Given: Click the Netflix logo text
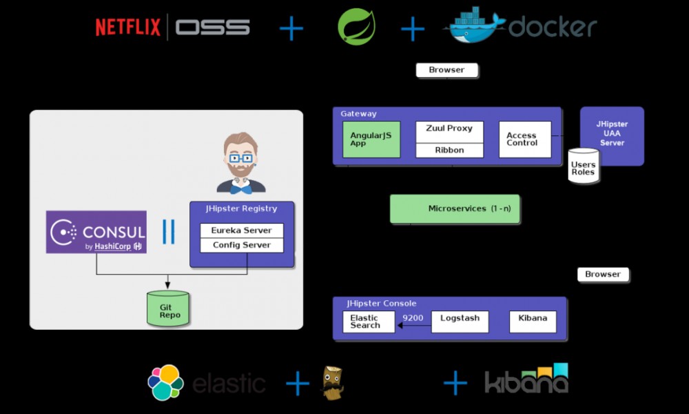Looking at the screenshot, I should click(x=127, y=27).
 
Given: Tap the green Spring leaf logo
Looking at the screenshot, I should click(x=356, y=28).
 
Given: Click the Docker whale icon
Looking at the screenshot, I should click(x=475, y=26).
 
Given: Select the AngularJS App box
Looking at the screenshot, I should click(x=371, y=139).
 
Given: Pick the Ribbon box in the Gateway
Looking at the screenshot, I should click(x=449, y=150).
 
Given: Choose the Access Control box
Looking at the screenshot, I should click(x=525, y=139).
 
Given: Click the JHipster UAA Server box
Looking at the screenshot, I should click(x=612, y=135).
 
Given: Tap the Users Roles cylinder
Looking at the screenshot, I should click(x=583, y=166).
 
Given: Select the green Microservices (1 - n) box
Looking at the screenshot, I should click(x=455, y=208).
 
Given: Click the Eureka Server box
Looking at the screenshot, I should click(x=241, y=230).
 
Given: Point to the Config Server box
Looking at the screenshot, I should click(x=241, y=245).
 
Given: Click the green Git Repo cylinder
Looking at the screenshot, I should click(x=168, y=309).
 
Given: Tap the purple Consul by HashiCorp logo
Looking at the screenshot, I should click(x=96, y=232).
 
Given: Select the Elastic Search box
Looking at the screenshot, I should click(x=369, y=322).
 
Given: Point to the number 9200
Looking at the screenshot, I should click(x=413, y=318).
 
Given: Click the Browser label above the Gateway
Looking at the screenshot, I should click(x=446, y=70).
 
